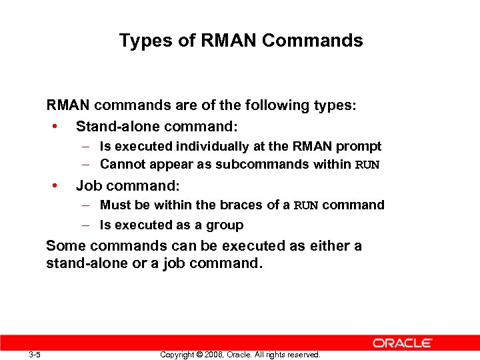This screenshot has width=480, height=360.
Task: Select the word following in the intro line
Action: coord(279,105)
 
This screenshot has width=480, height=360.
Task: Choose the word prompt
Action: coord(360,146)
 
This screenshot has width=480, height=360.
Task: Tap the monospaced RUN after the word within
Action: coord(367,165)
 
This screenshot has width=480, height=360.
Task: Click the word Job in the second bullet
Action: coord(87,185)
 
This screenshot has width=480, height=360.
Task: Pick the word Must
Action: coord(114,205)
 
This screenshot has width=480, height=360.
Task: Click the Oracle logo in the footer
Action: coord(403,343)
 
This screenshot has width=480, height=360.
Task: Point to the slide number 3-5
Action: coord(35,355)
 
